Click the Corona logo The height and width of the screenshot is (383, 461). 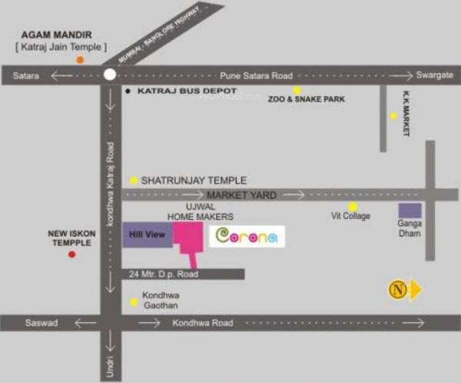tap(247, 236)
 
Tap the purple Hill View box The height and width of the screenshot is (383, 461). tap(148, 234)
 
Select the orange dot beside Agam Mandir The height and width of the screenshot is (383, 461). tap(80, 59)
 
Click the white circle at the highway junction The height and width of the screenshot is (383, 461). tap(110, 75)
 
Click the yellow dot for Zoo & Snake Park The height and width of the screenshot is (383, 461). tap(297, 90)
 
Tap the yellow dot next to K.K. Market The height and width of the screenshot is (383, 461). tap(393, 116)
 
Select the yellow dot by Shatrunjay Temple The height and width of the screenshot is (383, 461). tap(134, 180)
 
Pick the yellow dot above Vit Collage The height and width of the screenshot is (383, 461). tap(353, 206)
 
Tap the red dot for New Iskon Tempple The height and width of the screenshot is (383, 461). tap(71, 254)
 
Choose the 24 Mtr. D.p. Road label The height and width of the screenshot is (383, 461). tap(164, 274)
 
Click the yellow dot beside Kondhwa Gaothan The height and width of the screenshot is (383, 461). tap(134, 301)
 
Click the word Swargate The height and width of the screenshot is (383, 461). tap(433, 76)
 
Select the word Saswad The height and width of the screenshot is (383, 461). tap(41, 323)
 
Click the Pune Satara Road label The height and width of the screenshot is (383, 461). tap(256, 76)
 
